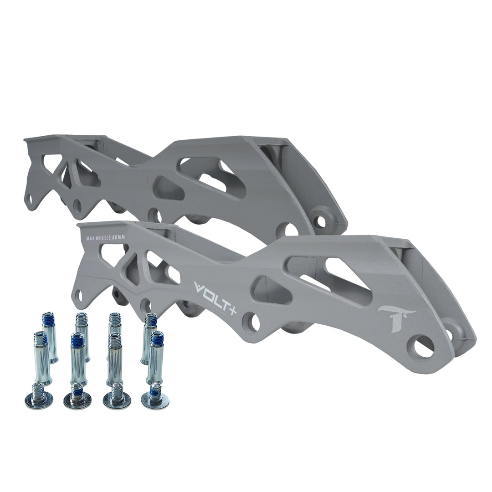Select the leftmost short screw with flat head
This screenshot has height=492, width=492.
tap(39, 396)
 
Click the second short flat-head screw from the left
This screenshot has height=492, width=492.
tap(77, 397)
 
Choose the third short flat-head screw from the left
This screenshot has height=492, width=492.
tap(117, 397)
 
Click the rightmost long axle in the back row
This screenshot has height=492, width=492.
tap(150, 337)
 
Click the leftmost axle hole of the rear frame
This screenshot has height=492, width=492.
tap(29, 199)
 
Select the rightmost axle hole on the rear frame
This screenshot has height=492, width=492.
tap(322, 221)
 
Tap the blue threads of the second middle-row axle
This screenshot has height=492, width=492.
tap(77, 339)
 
